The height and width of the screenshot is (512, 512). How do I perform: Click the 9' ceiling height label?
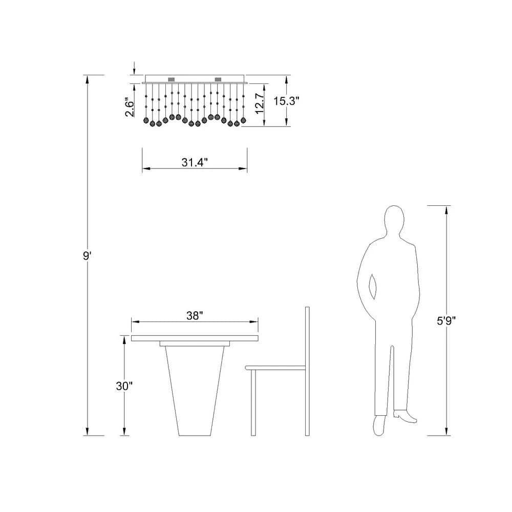pyautogui.click(x=87, y=255)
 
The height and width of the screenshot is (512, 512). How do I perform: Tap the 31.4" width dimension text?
pyautogui.click(x=195, y=162)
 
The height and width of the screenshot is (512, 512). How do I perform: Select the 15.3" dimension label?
pyautogui.click(x=286, y=101)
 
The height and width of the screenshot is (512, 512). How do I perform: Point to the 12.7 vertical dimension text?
pyautogui.click(x=260, y=103)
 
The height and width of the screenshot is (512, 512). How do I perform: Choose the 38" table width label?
pyautogui.click(x=195, y=316)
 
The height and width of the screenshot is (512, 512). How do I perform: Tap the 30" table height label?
pyautogui.click(x=124, y=386)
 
